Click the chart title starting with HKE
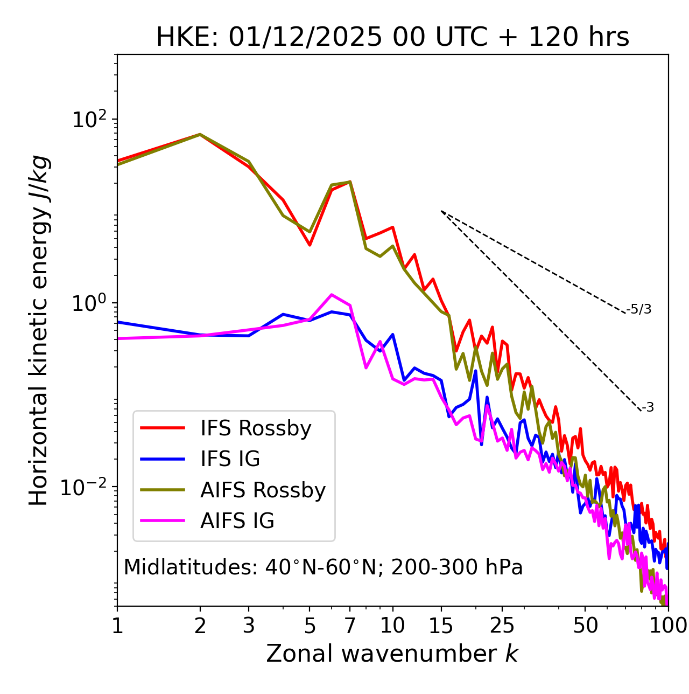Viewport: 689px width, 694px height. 392,38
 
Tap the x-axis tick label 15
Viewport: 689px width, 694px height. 441,626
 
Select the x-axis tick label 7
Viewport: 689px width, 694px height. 350,626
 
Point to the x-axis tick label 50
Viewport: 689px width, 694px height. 586,626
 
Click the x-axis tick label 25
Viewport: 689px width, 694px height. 503,626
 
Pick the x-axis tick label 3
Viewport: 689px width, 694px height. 248,626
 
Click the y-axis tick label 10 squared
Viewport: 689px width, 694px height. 89,120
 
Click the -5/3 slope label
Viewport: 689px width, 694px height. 639,309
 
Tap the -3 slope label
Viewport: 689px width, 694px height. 648,408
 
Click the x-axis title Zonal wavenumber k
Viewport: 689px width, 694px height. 392,654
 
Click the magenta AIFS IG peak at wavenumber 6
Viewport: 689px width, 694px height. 332,295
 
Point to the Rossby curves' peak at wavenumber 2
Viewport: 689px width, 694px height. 200,134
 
